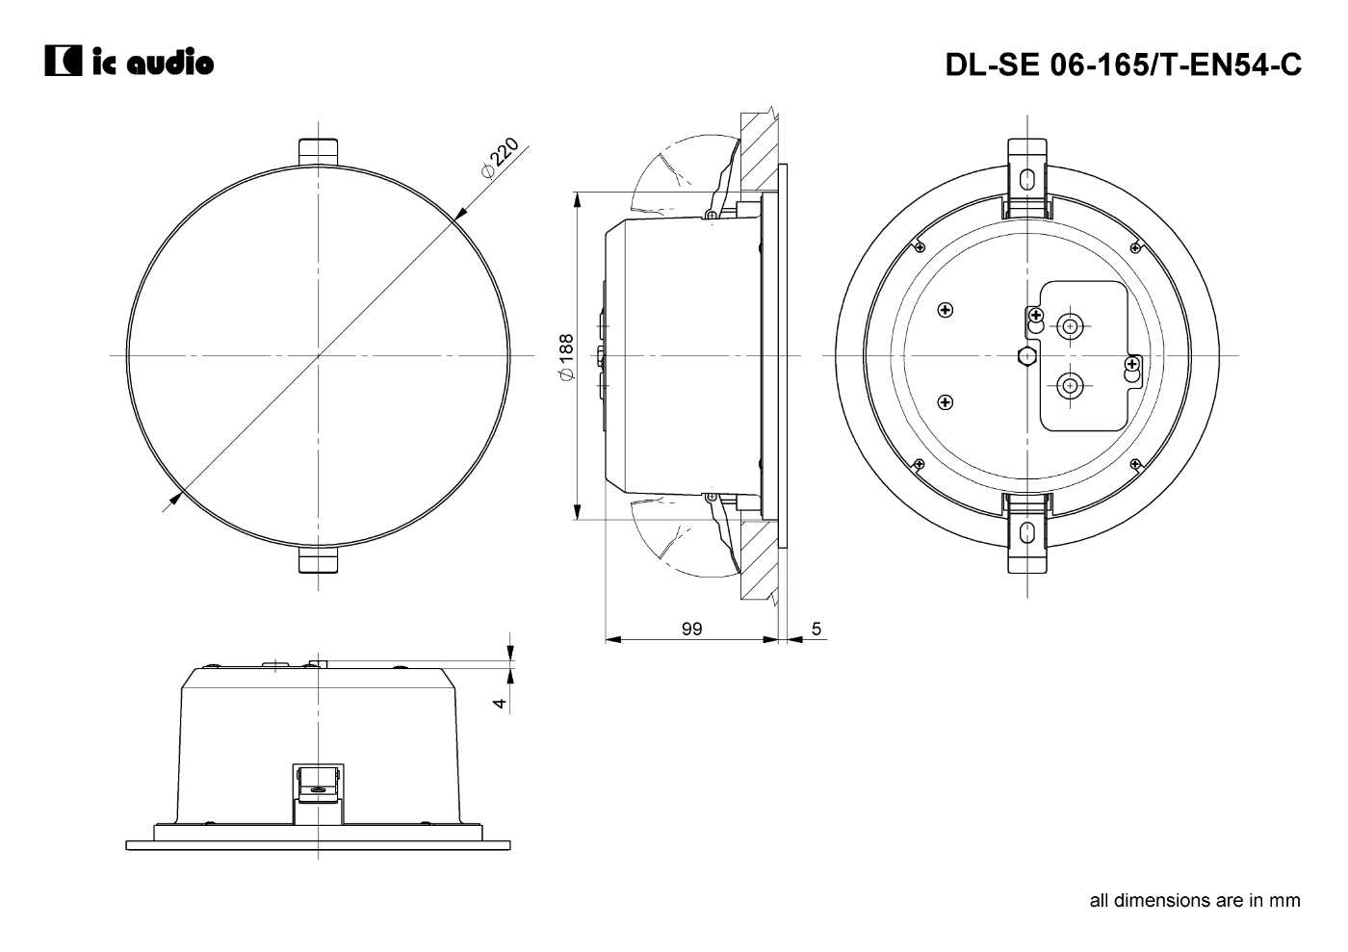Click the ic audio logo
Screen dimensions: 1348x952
click(x=129, y=61)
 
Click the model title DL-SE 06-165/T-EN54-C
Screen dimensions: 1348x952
click(x=1123, y=64)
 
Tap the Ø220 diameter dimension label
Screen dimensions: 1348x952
click(x=500, y=158)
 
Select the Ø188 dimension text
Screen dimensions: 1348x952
click(x=566, y=356)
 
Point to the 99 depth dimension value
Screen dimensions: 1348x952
click(x=691, y=629)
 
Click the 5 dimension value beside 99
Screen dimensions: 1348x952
click(x=817, y=629)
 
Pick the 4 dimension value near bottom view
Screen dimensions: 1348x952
click(x=500, y=703)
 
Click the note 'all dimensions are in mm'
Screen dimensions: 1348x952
click(x=1195, y=917)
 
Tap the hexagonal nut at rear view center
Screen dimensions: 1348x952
click(x=1026, y=356)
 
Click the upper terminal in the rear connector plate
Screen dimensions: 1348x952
click(x=1070, y=326)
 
